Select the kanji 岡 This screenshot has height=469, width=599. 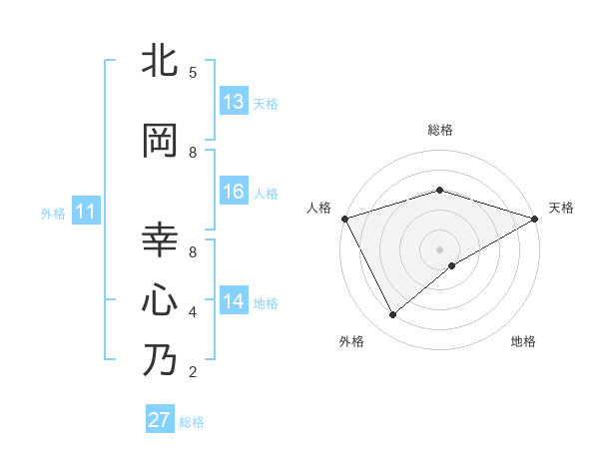[x=161, y=140]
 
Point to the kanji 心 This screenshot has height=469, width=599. [x=161, y=299]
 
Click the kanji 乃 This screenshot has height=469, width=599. [x=161, y=359]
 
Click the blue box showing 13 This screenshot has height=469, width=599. [x=234, y=102]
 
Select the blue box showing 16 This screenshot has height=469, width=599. [x=234, y=192]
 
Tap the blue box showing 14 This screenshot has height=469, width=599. [x=234, y=300]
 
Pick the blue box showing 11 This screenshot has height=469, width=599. [x=86, y=212]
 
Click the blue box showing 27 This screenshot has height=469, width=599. [x=159, y=420]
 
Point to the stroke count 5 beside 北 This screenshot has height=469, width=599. [x=193, y=72]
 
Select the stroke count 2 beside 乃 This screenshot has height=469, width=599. [x=193, y=372]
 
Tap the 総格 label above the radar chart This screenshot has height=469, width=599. [x=439, y=130]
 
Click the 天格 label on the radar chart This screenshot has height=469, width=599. [x=561, y=208]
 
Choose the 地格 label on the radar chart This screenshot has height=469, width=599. [x=523, y=341]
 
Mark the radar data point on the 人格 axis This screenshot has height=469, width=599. [x=344, y=218]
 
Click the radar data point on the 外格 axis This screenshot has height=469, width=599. [x=393, y=315]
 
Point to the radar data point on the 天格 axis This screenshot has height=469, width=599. [x=535, y=218]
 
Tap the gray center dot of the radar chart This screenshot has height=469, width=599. [x=439, y=248]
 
